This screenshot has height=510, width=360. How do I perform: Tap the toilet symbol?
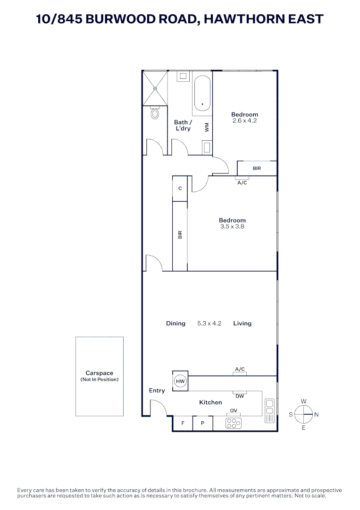(x=154, y=113)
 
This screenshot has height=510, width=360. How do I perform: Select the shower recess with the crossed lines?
(x=155, y=88)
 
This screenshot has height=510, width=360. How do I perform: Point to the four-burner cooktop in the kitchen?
(x=234, y=423)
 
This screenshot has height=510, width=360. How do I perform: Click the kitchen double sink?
(x=269, y=410)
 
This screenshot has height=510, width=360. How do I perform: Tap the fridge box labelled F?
(x=183, y=423)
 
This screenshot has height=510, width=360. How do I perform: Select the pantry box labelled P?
(x=202, y=423)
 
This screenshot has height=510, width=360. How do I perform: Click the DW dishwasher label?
(x=240, y=396)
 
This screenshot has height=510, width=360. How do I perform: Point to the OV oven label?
(x=233, y=410)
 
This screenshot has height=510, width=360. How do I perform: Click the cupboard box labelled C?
(x=180, y=188)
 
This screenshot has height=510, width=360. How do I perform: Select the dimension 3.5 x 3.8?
(x=232, y=227)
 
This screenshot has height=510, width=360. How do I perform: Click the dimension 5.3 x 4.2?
(x=209, y=323)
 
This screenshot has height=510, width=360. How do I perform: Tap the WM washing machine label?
(x=206, y=127)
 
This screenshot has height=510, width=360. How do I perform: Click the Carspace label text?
(x=99, y=373)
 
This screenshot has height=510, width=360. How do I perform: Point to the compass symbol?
(x=304, y=415)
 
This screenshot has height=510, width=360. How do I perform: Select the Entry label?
(x=157, y=391)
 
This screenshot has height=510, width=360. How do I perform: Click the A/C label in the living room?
(x=240, y=369)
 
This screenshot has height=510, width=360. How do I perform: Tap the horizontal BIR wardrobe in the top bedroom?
(x=257, y=168)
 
